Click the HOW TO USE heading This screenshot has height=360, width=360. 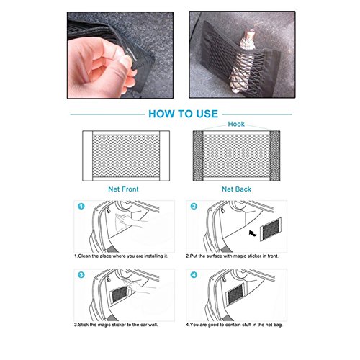(183, 114)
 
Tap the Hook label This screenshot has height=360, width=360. (236, 124)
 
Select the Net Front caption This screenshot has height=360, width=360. (123, 189)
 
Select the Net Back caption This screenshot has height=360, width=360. (236, 189)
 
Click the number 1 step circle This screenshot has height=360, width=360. (81, 206)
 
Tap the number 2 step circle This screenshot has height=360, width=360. (194, 206)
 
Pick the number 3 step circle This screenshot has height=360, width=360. (81, 275)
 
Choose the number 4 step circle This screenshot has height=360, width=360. (194, 275)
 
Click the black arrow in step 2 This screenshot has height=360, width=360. (253, 233)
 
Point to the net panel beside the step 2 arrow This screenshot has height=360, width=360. (271, 229)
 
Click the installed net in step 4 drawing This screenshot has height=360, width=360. (235, 294)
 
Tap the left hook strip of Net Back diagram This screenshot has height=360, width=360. (198, 156)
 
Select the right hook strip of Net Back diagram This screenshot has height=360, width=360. (275, 156)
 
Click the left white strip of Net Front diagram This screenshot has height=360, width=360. (88, 156)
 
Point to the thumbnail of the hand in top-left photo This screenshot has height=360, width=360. (126, 60)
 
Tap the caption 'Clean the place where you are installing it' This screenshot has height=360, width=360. (121, 256)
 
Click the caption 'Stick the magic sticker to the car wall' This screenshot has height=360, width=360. (116, 325)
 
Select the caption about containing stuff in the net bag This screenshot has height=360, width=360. (234, 325)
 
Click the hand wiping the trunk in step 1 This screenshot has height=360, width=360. (127, 222)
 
